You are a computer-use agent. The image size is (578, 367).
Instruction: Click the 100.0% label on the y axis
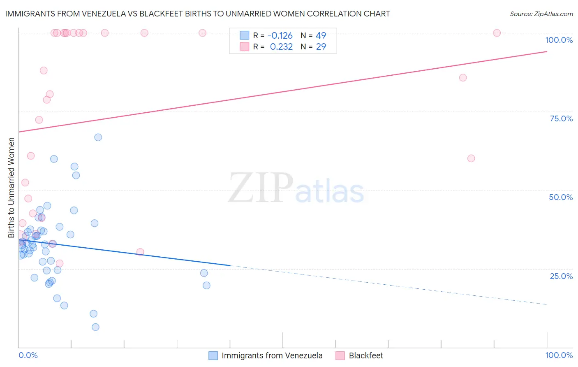click(x=559, y=40)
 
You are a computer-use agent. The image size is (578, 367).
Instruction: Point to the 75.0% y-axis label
click(x=561, y=118)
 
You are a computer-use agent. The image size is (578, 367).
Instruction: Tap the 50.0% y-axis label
click(x=561, y=197)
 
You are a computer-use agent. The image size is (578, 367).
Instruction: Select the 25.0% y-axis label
click(x=561, y=276)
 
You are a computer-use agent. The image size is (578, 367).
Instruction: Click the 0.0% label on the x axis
click(x=28, y=355)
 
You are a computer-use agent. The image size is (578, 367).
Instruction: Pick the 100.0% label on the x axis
click(x=559, y=355)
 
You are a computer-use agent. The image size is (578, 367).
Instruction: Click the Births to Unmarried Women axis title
click(x=11, y=188)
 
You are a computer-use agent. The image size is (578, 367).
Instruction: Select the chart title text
click(x=197, y=14)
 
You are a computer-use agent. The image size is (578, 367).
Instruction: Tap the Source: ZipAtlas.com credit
click(x=541, y=14)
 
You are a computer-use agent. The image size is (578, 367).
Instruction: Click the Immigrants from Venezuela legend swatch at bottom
click(x=213, y=355)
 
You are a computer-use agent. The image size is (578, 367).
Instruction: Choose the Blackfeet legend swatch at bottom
click(x=340, y=355)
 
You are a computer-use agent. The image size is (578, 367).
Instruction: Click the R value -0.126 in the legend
click(x=280, y=36)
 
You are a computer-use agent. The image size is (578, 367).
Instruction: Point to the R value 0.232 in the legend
click(x=281, y=47)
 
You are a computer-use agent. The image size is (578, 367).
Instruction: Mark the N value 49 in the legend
click(x=321, y=36)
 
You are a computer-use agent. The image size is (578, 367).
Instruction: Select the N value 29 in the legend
click(x=321, y=47)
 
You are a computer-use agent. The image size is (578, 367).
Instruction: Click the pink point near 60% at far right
click(x=471, y=158)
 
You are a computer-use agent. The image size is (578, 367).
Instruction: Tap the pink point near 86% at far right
click(x=463, y=78)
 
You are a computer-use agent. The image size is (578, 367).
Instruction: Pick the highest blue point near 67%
click(x=98, y=137)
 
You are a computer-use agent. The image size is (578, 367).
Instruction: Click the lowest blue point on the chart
click(x=95, y=327)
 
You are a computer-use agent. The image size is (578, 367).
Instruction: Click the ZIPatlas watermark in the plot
click(x=296, y=189)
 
